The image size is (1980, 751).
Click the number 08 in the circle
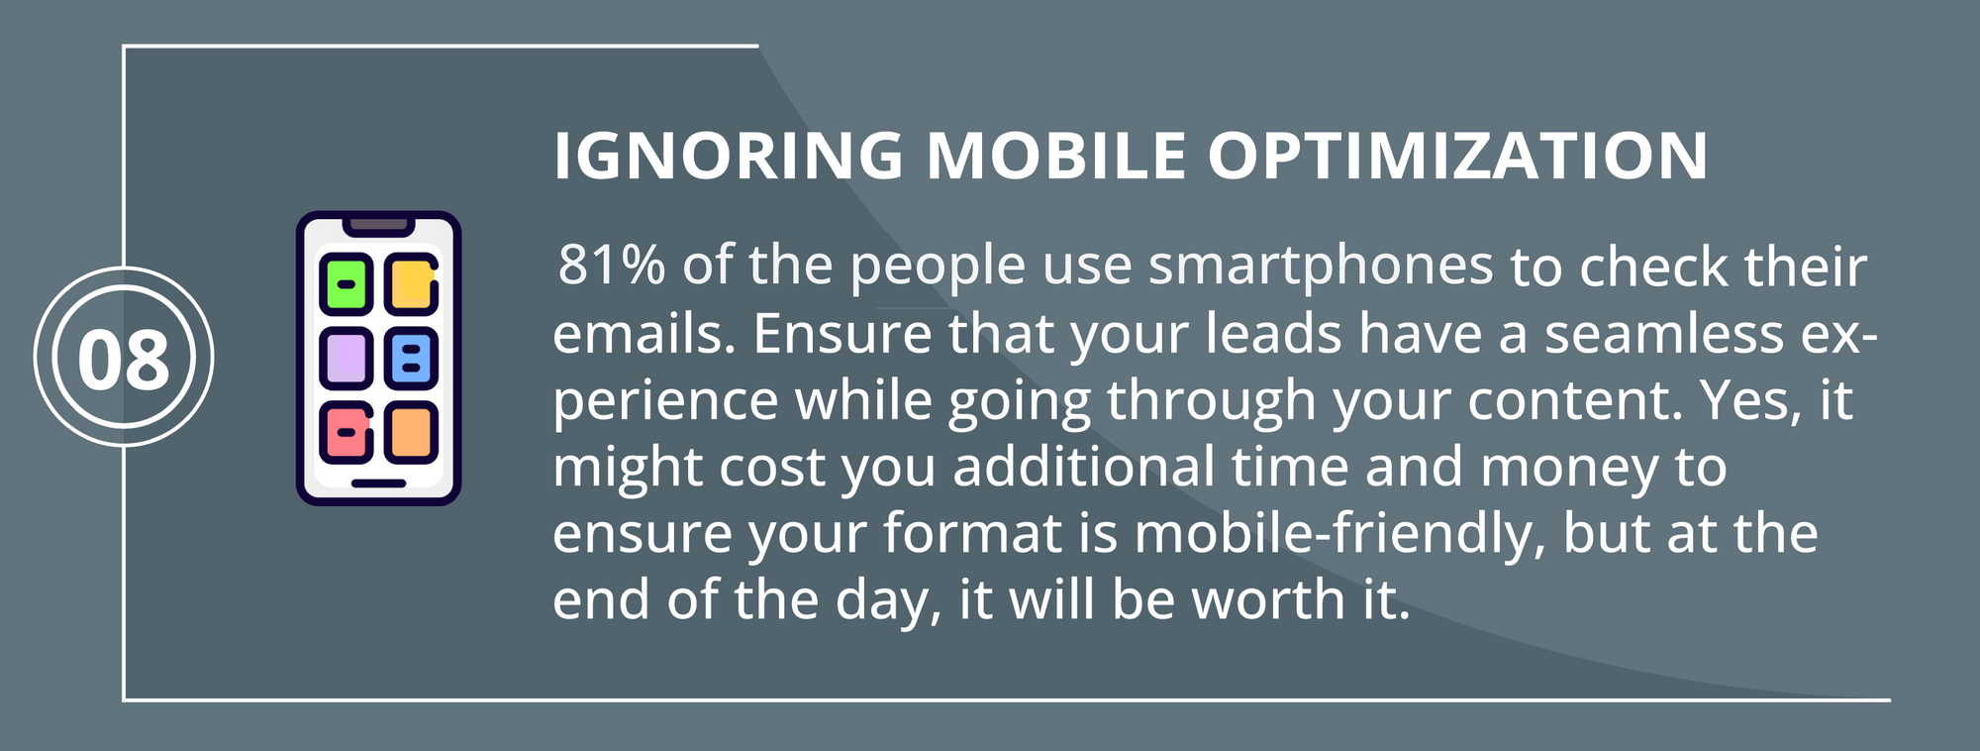pos(124,358)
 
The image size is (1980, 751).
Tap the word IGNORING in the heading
pos(729,156)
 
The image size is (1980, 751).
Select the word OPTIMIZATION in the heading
pos(1458,156)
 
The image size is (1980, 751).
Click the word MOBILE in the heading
pos(1055,156)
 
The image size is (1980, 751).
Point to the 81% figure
pos(612,265)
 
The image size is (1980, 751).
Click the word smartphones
pos(1321,268)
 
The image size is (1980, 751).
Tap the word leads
pos(1273,334)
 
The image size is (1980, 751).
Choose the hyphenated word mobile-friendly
pos(1339,535)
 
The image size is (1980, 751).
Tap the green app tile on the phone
pos(346,283)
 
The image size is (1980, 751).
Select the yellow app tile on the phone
pos(412,283)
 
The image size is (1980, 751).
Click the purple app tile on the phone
pos(346,357)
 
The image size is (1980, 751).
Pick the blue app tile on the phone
pos(412,357)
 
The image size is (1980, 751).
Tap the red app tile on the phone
pos(346,432)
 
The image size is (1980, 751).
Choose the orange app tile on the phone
pos(412,432)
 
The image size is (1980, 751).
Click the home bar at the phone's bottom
pos(379,483)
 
